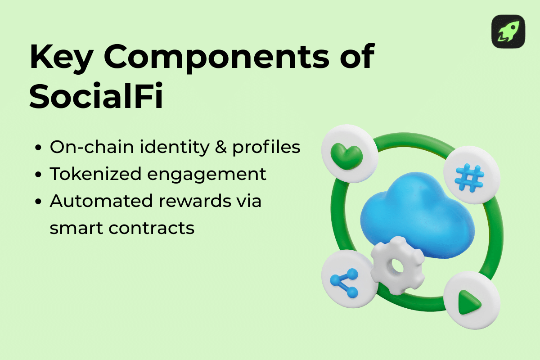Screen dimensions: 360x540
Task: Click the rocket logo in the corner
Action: (x=508, y=31)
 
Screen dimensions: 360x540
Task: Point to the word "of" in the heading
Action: (x=355, y=57)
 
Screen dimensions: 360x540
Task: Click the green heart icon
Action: (x=346, y=154)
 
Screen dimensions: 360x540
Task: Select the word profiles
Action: (x=266, y=148)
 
